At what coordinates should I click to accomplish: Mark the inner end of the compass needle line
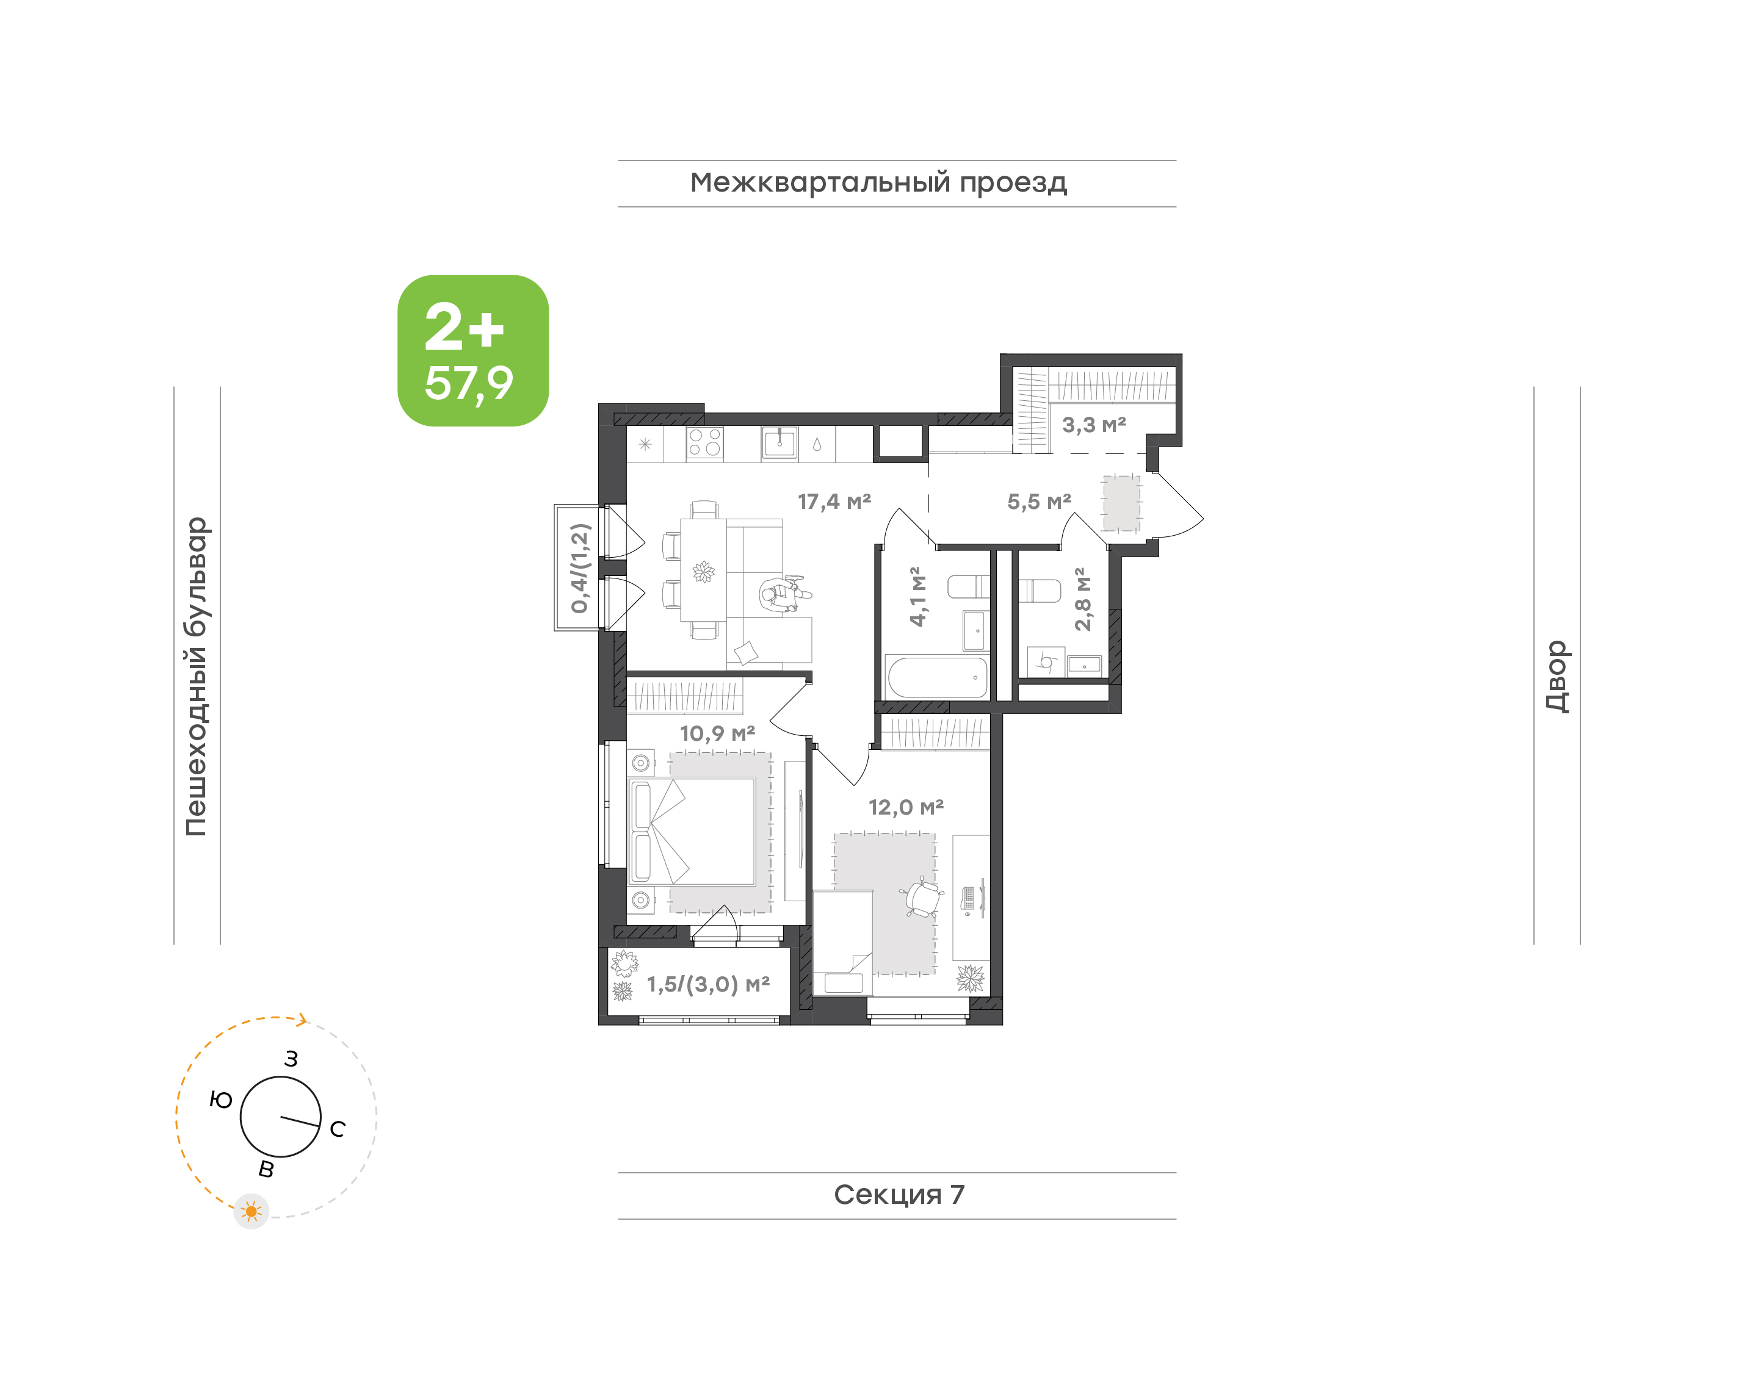point(281,1117)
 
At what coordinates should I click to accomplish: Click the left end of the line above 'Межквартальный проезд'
point(618,160)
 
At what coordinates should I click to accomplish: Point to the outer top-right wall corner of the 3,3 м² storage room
point(1181,354)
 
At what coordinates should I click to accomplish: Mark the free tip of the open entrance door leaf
point(1203,520)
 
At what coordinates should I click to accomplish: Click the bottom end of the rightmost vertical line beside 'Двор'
point(1580,944)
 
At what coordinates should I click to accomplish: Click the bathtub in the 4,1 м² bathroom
point(937,677)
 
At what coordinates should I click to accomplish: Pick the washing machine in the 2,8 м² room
point(1046,662)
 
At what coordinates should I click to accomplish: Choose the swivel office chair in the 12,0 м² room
point(922,896)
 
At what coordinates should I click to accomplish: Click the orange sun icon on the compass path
point(251,1211)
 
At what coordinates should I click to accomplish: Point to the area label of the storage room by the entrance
point(1093,425)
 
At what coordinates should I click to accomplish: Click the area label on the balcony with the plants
point(708,984)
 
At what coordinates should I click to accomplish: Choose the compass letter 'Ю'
point(220,1100)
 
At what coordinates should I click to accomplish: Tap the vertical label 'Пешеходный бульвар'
point(196,677)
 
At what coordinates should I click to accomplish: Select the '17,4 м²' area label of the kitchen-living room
point(834,502)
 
